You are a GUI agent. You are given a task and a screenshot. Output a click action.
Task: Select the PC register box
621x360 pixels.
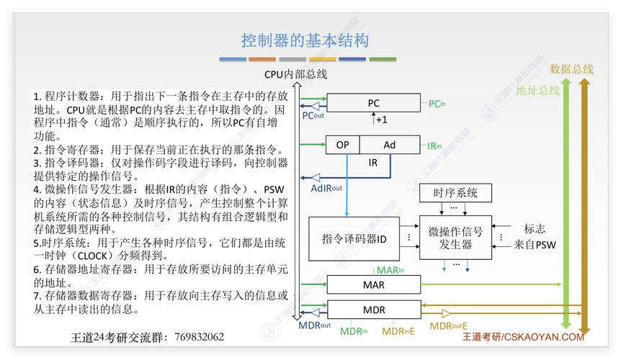(x=373, y=103)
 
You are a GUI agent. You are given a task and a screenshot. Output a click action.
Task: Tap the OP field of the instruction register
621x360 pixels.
(x=342, y=145)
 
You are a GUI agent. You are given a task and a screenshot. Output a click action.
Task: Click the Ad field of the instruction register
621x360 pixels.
(x=389, y=145)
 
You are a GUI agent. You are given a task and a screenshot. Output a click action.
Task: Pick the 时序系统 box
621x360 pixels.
(x=455, y=193)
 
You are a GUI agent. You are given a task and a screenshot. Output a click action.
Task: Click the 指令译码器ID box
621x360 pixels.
(x=354, y=238)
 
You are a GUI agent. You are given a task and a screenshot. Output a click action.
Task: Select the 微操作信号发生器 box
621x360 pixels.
(x=455, y=238)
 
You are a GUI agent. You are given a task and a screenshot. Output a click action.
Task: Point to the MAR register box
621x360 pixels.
(x=373, y=284)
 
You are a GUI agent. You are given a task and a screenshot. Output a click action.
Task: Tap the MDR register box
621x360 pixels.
(x=373, y=310)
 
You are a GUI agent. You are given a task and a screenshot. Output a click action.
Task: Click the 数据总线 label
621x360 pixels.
(x=571, y=69)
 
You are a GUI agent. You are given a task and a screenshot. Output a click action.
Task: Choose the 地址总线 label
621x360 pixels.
(x=537, y=91)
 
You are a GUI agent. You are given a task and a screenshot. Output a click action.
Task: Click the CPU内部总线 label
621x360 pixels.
(x=295, y=73)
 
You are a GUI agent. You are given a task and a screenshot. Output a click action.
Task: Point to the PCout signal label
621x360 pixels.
(x=313, y=115)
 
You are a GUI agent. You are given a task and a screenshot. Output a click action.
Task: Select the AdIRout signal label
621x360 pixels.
(x=326, y=188)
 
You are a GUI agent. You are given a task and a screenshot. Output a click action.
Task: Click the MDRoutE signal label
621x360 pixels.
(x=449, y=326)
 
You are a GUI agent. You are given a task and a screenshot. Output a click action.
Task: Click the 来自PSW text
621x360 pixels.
(x=535, y=244)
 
